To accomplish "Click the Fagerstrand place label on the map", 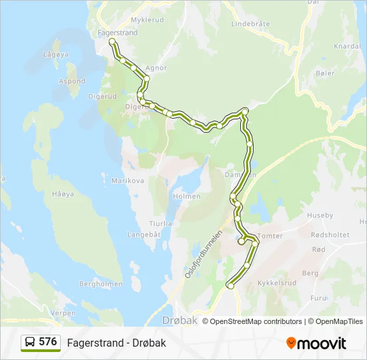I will pyautogui.click(x=117, y=33).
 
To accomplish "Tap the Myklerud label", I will pyautogui.click(x=147, y=20).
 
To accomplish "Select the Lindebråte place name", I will pyautogui.click(x=250, y=23).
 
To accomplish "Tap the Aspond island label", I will pyautogui.click(x=72, y=81).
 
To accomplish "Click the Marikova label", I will pyautogui.click(x=128, y=181).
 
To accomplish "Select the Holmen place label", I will pyautogui.click(x=187, y=197).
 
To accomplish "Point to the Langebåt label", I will pyautogui.click(x=144, y=234).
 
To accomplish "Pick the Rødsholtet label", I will pyautogui.click(x=330, y=235).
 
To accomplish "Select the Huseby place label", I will pyautogui.click(x=319, y=215).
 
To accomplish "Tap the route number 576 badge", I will pyautogui.click(x=40, y=342).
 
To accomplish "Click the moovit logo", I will pyautogui.click(x=316, y=343).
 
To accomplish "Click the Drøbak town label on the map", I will pyautogui.click(x=181, y=320).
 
